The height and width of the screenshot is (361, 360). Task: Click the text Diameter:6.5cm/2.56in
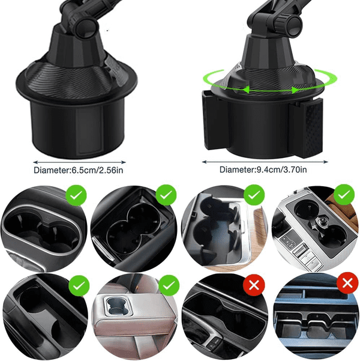click(79, 171)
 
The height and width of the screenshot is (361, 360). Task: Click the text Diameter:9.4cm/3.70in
click(263, 169)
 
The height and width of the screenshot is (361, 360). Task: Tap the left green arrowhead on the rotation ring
click(246, 89)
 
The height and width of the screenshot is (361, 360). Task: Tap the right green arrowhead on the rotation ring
click(295, 90)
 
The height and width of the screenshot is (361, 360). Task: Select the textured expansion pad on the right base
click(308, 128)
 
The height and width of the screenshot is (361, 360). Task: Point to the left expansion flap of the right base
click(211, 120)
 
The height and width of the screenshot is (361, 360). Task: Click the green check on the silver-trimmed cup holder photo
click(76, 195)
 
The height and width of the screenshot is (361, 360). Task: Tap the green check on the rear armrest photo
click(169, 285)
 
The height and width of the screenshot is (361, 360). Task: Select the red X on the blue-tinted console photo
click(347, 283)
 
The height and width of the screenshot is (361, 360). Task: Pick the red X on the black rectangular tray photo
click(254, 285)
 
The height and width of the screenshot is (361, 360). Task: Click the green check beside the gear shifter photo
click(344, 195)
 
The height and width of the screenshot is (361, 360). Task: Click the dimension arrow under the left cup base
click(79, 162)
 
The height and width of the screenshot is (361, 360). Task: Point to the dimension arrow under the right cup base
click(265, 162)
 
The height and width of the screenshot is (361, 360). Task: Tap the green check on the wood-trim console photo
click(254, 195)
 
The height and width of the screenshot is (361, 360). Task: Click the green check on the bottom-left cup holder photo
click(79, 286)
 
